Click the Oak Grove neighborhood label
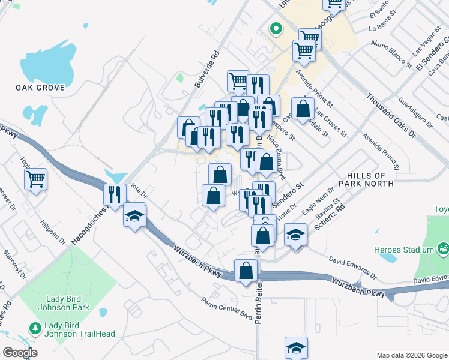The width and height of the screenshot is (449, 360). [x=40, y=88]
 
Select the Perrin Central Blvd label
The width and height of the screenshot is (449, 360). [x=226, y=308]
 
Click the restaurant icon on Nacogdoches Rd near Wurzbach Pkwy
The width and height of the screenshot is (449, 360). [x=115, y=194]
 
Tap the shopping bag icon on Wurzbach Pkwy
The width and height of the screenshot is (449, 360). [x=246, y=271]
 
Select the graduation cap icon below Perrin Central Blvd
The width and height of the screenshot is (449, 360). [x=296, y=348]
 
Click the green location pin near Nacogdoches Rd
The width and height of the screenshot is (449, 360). [x=276, y=28]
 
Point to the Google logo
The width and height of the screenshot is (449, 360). [x=20, y=353]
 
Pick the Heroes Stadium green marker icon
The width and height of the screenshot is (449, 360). [x=444, y=247]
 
